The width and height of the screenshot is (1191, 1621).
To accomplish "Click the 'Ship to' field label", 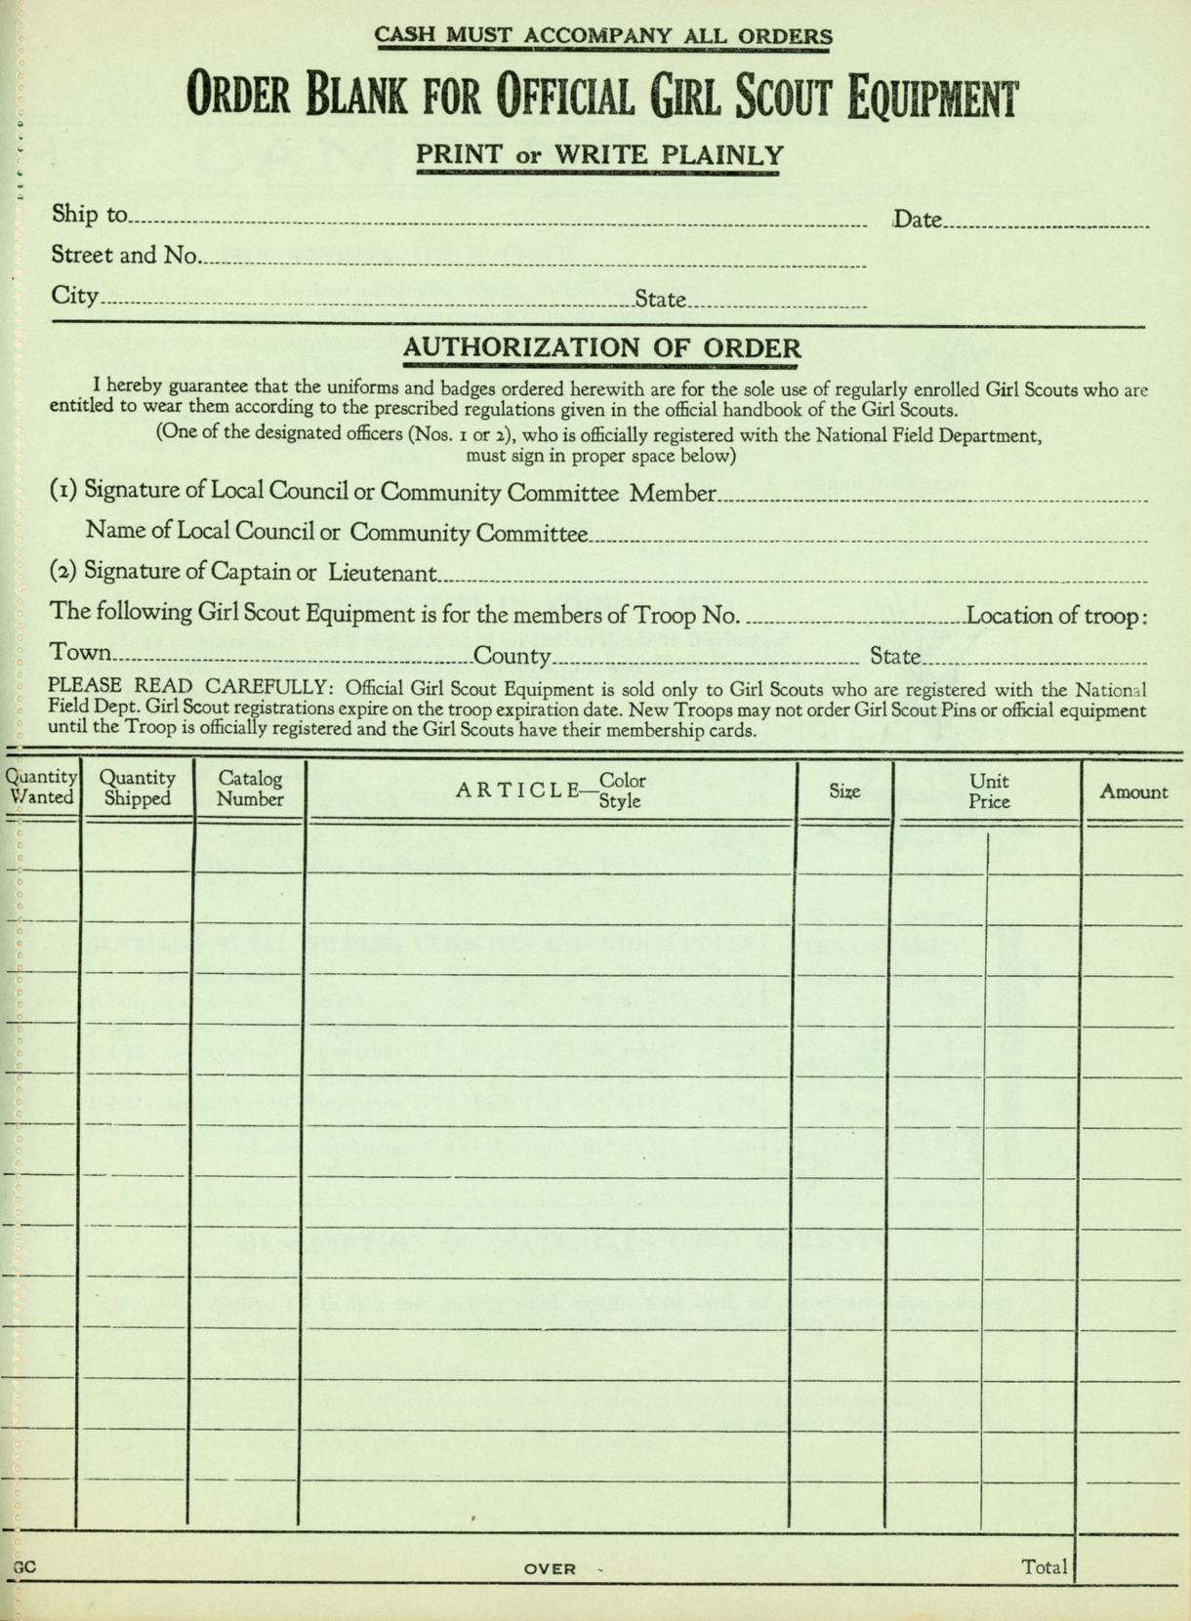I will [90, 214].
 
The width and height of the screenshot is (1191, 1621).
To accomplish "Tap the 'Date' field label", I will [918, 220].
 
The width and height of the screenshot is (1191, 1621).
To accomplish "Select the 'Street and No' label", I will [124, 256].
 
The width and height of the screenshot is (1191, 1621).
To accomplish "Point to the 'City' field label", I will [75, 296].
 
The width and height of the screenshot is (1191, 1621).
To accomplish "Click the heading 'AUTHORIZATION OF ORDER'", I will [601, 347].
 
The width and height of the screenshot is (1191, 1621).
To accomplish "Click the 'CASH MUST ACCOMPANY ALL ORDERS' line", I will [603, 36].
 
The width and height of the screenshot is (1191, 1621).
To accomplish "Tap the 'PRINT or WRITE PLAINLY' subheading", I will [599, 155].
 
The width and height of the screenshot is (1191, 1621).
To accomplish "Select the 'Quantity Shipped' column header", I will [138, 789].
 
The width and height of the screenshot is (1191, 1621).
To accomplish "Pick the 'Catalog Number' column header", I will [250, 789].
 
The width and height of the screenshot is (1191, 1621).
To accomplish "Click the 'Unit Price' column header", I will [989, 791].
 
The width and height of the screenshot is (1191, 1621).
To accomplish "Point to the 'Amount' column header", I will [1133, 791].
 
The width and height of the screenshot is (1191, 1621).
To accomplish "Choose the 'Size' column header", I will [844, 791].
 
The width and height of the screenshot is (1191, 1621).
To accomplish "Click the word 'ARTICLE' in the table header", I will [517, 790].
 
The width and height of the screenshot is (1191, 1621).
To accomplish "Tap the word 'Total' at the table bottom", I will [1044, 1567].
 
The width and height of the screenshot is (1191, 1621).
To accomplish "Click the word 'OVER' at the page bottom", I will [550, 1569].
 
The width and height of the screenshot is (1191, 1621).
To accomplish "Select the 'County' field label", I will [513, 657].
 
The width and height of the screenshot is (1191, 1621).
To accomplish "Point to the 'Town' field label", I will [80, 653].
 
